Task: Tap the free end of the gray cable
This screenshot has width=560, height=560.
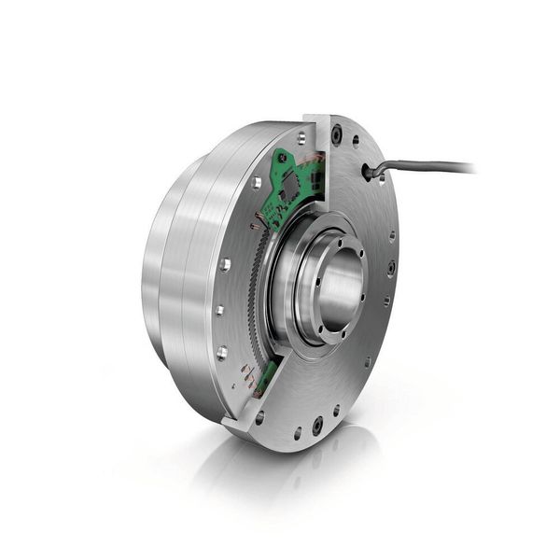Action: tap(471, 169)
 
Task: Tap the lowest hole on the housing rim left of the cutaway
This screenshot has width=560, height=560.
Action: tap(221, 352)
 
